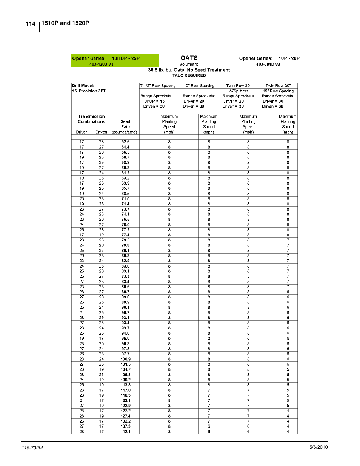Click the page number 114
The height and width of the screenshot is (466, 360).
pos(31,24)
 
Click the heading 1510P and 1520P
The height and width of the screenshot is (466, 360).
pos(65,23)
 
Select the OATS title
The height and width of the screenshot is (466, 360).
pos(189,58)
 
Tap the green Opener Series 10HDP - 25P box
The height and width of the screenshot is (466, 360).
pos(115,61)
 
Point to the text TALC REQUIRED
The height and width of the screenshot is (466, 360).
pos(189,75)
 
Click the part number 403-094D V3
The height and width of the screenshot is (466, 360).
pos(268,64)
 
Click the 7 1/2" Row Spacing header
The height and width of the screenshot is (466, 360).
pos(158,86)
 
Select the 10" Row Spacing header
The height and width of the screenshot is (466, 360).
pos(199,86)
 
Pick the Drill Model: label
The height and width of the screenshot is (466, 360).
pos(83,86)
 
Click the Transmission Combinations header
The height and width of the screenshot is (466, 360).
pos(91,119)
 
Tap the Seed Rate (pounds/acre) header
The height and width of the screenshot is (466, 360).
pos(125,127)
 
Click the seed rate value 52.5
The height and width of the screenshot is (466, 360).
pos(125,142)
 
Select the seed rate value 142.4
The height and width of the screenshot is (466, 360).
pos(125,432)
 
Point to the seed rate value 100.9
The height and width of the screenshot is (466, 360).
pos(125,359)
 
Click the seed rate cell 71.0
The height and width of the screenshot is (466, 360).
pos(125,199)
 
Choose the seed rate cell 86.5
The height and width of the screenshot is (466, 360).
pos(125,287)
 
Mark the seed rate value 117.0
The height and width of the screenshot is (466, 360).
pos(125,390)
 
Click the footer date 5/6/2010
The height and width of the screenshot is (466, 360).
pos(318,447)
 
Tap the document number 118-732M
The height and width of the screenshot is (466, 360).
pos(32,448)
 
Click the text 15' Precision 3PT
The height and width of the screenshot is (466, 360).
pos(89,91)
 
